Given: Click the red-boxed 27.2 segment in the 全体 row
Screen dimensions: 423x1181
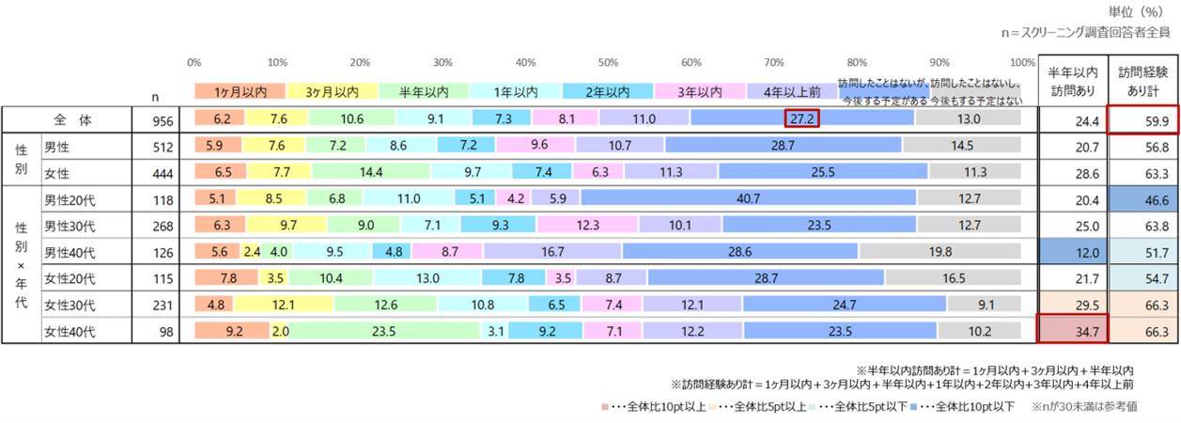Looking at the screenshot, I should click(801, 119).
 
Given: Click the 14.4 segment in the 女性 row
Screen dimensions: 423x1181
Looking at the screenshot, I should click(372, 172).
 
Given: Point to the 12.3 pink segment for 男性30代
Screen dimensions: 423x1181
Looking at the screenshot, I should click(536, 226).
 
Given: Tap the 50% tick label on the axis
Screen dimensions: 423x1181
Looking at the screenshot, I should click(609, 62).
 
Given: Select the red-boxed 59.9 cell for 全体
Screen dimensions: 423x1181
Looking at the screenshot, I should click(1142, 119).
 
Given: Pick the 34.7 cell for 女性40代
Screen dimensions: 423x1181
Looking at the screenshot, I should click(1072, 331).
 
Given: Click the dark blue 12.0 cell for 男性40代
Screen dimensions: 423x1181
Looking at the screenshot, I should click(1072, 252).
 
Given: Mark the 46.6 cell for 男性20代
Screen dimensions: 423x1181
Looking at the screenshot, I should click(1142, 198).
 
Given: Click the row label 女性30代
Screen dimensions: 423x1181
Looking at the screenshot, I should click(70, 305).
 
